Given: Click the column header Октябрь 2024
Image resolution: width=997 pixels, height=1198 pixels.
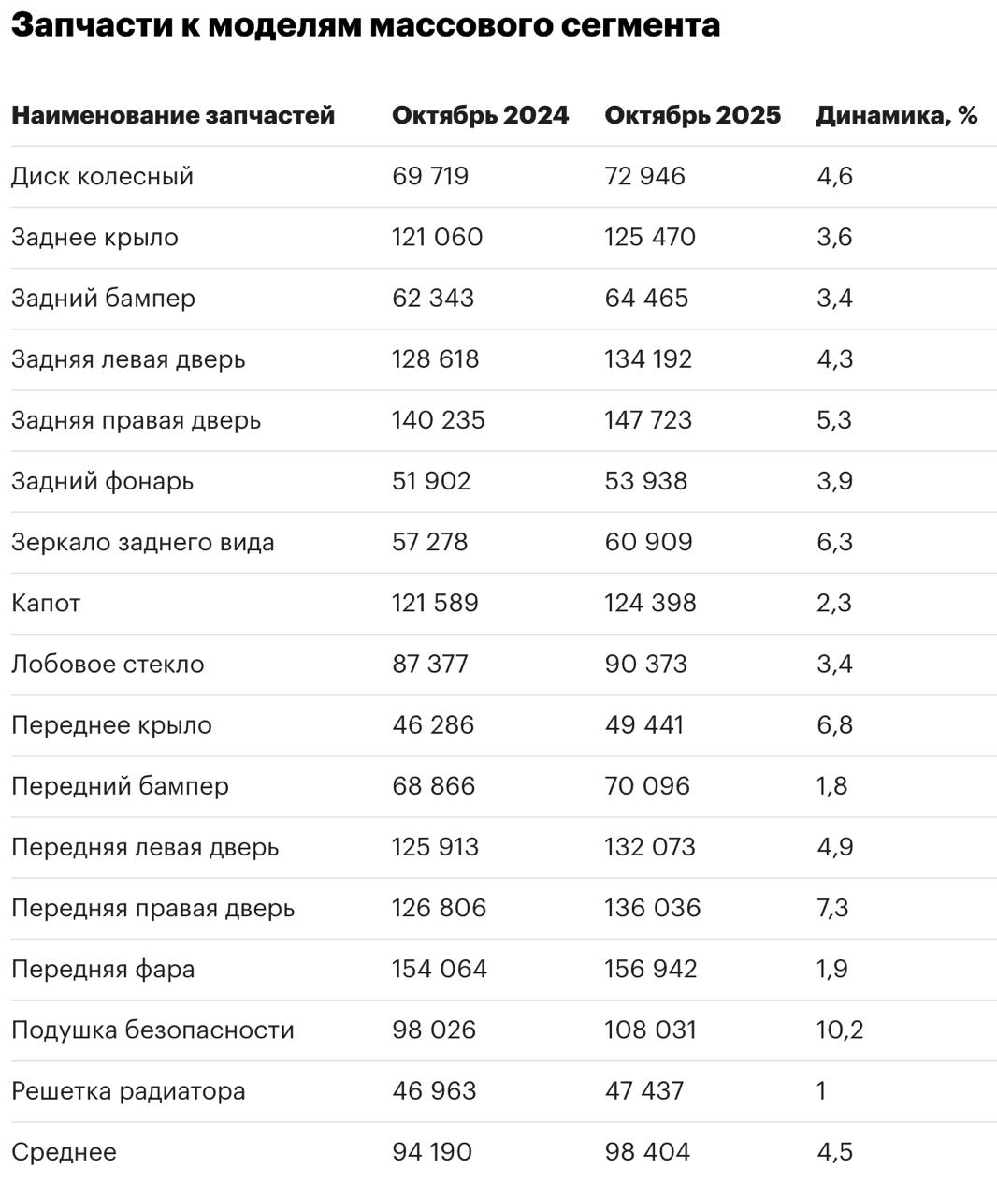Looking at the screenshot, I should (480, 115).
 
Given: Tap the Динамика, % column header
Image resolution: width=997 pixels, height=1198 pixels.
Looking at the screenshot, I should (896, 115).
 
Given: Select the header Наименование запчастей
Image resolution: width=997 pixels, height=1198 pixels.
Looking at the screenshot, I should (173, 115).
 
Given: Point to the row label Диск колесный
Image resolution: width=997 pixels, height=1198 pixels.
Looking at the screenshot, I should (102, 176).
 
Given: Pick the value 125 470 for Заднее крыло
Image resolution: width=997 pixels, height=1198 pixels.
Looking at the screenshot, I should (650, 237).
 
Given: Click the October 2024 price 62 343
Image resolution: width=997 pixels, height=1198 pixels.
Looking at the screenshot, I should (433, 298).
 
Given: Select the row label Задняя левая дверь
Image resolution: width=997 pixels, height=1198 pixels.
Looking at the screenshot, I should (128, 359).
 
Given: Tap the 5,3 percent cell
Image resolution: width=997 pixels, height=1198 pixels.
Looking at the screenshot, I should (834, 420).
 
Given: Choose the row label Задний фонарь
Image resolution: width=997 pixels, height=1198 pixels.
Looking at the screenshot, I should (102, 481).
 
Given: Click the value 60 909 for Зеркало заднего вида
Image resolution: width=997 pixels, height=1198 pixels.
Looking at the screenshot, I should (648, 542).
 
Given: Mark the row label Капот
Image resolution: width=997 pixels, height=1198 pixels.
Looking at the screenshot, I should (46, 603).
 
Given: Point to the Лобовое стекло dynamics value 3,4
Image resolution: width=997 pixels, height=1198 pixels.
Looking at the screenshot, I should (834, 664).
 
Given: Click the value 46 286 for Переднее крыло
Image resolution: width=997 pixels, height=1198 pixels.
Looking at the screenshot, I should (433, 725).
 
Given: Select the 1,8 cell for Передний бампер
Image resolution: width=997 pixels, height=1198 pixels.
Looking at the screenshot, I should (831, 786).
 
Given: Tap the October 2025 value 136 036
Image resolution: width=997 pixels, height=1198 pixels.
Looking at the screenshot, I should (652, 908).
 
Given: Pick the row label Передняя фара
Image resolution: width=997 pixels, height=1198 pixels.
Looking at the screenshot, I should (103, 969).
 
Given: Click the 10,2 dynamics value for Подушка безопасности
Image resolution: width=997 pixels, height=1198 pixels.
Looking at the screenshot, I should (839, 1030).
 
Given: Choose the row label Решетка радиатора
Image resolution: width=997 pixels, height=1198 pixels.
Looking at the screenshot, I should (128, 1091).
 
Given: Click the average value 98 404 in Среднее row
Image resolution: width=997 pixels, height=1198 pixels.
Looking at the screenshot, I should (647, 1152).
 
